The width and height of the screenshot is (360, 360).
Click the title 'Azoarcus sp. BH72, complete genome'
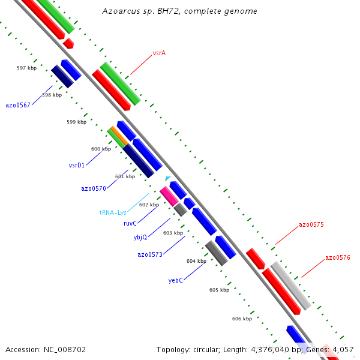pyautogui.click(x=179, y=11)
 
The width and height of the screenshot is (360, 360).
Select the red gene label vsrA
pyautogui.click(x=159, y=53)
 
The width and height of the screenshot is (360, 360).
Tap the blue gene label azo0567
pyautogui.click(x=17, y=105)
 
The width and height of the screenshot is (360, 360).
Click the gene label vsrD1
pyautogui.click(x=77, y=164)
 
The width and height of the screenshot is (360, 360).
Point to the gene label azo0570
pyautogui.click(x=94, y=188)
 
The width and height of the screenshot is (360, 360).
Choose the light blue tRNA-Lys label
pyautogui.click(x=113, y=212)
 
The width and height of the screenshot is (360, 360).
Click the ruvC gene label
pyautogui.click(x=130, y=223)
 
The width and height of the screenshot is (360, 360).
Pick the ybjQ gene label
pyautogui.click(x=140, y=237)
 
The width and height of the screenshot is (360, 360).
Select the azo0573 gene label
pyautogui.click(x=150, y=254)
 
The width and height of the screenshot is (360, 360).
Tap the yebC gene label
pyautogui.click(x=175, y=280)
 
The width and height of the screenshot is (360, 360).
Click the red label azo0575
pyautogui.click(x=311, y=225)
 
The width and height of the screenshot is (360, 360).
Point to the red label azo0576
pyautogui.click(x=338, y=257)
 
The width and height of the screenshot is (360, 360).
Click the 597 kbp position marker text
pyautogui.click(x=27, y=68)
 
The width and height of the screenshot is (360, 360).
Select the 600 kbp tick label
pyautogui.click(x=101, y=149)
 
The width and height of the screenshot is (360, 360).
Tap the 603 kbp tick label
pyautogui.click(x=173, y=233)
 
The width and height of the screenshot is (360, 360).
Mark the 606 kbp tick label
pyautogui.click(x=242, y=319)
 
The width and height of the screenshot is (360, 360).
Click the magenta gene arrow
pyautogui.click(x=168, y=196)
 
